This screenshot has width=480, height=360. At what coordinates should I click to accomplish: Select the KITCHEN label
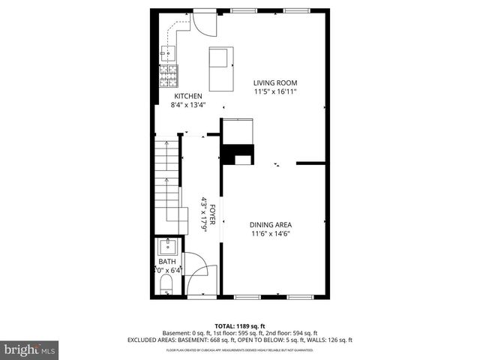(188, 97)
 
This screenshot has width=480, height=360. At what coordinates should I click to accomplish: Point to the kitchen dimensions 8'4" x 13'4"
(188, 105)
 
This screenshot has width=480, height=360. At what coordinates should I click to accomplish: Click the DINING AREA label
(271, 224)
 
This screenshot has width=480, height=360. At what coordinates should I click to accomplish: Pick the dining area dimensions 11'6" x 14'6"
(271, 233)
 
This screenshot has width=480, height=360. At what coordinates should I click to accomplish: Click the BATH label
(167, 262)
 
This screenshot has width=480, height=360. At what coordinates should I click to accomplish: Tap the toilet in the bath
(166, 283)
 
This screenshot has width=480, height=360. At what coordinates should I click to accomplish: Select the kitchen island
(220, 68)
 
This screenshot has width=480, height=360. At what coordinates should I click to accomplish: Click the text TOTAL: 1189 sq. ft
(240, 326)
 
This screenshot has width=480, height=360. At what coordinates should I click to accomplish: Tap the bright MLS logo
(30, 349)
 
